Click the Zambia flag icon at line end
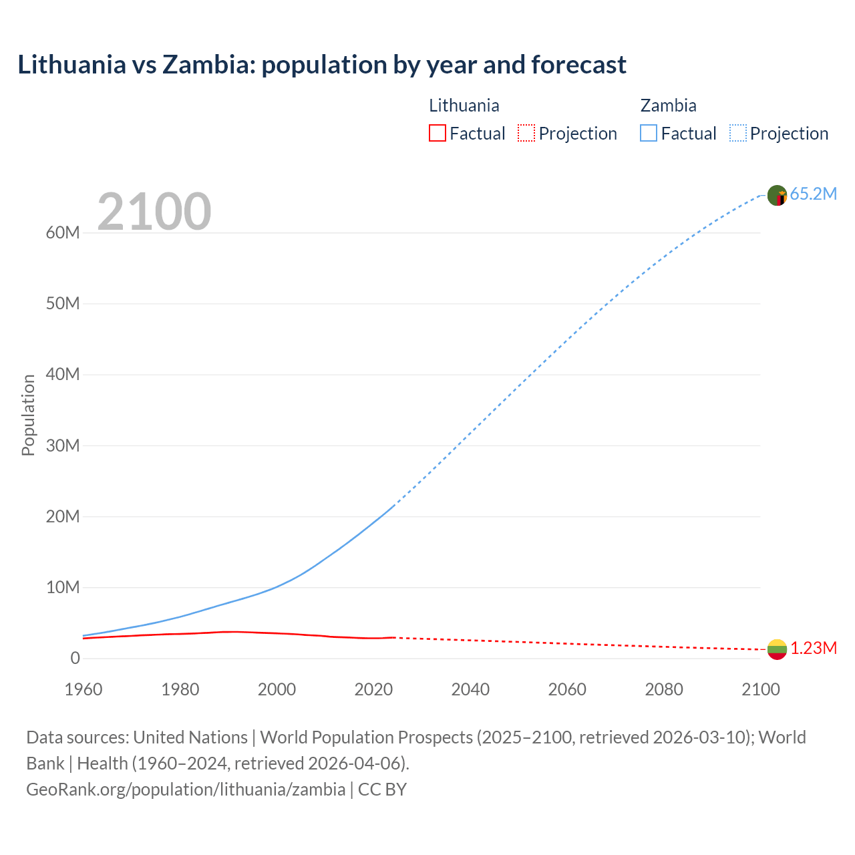777,196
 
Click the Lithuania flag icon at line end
777,649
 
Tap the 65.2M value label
813,194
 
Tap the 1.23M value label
814,649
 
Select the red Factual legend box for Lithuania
437,133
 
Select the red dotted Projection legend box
526,133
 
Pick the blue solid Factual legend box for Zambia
649,133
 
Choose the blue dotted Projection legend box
738,133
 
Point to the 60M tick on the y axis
63,232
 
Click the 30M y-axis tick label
63,446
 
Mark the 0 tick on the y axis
75,658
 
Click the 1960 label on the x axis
83,689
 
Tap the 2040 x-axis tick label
470,689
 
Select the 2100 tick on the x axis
760,689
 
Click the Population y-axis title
28,415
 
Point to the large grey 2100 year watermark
154,212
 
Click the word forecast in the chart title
578,65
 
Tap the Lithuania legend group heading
464,106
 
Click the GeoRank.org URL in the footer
186,789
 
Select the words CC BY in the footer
382,789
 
